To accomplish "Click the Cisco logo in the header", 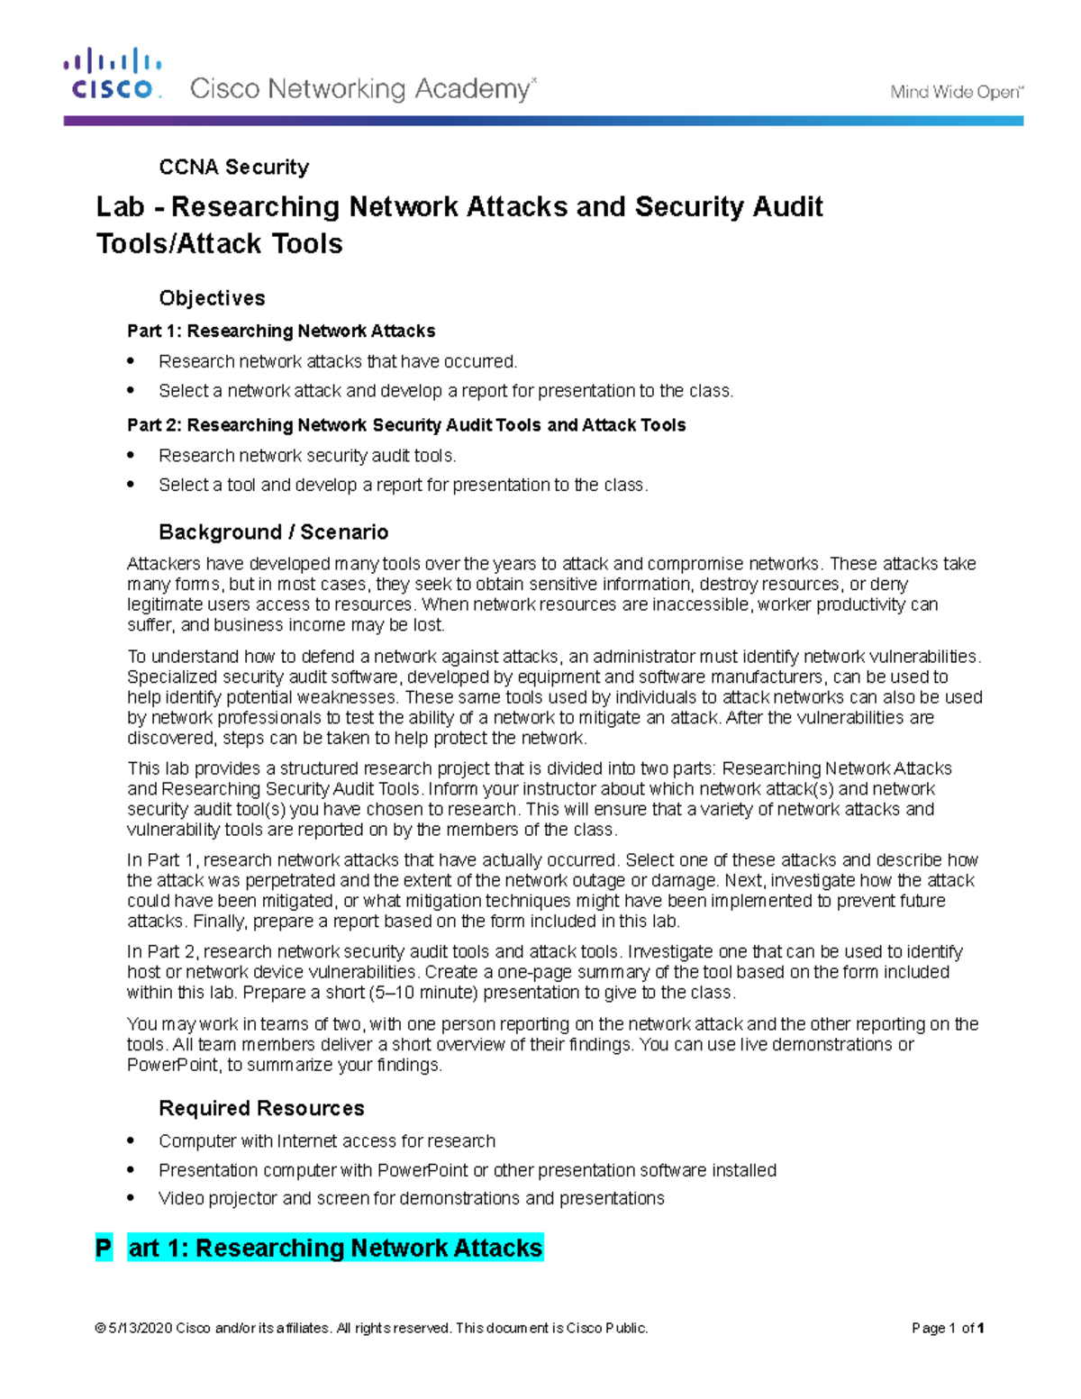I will point(112,75).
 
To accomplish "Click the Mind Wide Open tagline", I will point(956,91).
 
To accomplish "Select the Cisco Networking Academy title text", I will point(359,89).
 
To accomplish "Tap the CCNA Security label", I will point(233,167).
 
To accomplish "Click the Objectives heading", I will point(212,298).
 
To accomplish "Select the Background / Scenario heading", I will point(273,531).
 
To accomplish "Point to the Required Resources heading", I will point(261,1108).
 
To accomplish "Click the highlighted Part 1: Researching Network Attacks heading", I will point(335,1248).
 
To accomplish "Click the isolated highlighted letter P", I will point(104,1248).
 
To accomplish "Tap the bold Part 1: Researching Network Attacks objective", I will point(281,331).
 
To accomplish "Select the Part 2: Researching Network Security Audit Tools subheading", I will point(406,425).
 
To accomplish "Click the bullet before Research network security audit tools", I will point(132,455).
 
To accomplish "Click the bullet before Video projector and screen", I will point(132,1198).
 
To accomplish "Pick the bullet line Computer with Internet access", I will point(326,1140).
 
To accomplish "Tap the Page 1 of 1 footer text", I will point(947,1328).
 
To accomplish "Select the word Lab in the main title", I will point(120,207).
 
